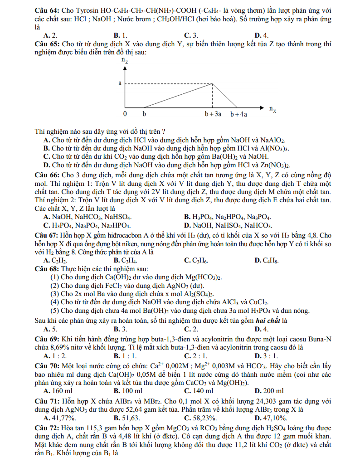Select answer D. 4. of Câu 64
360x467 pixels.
coord(262,35)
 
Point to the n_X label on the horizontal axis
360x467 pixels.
coord(273,109)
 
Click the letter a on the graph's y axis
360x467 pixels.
coord(120,83)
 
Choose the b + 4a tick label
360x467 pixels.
coord(238,114)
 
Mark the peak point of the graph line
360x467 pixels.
coord(214,84)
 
